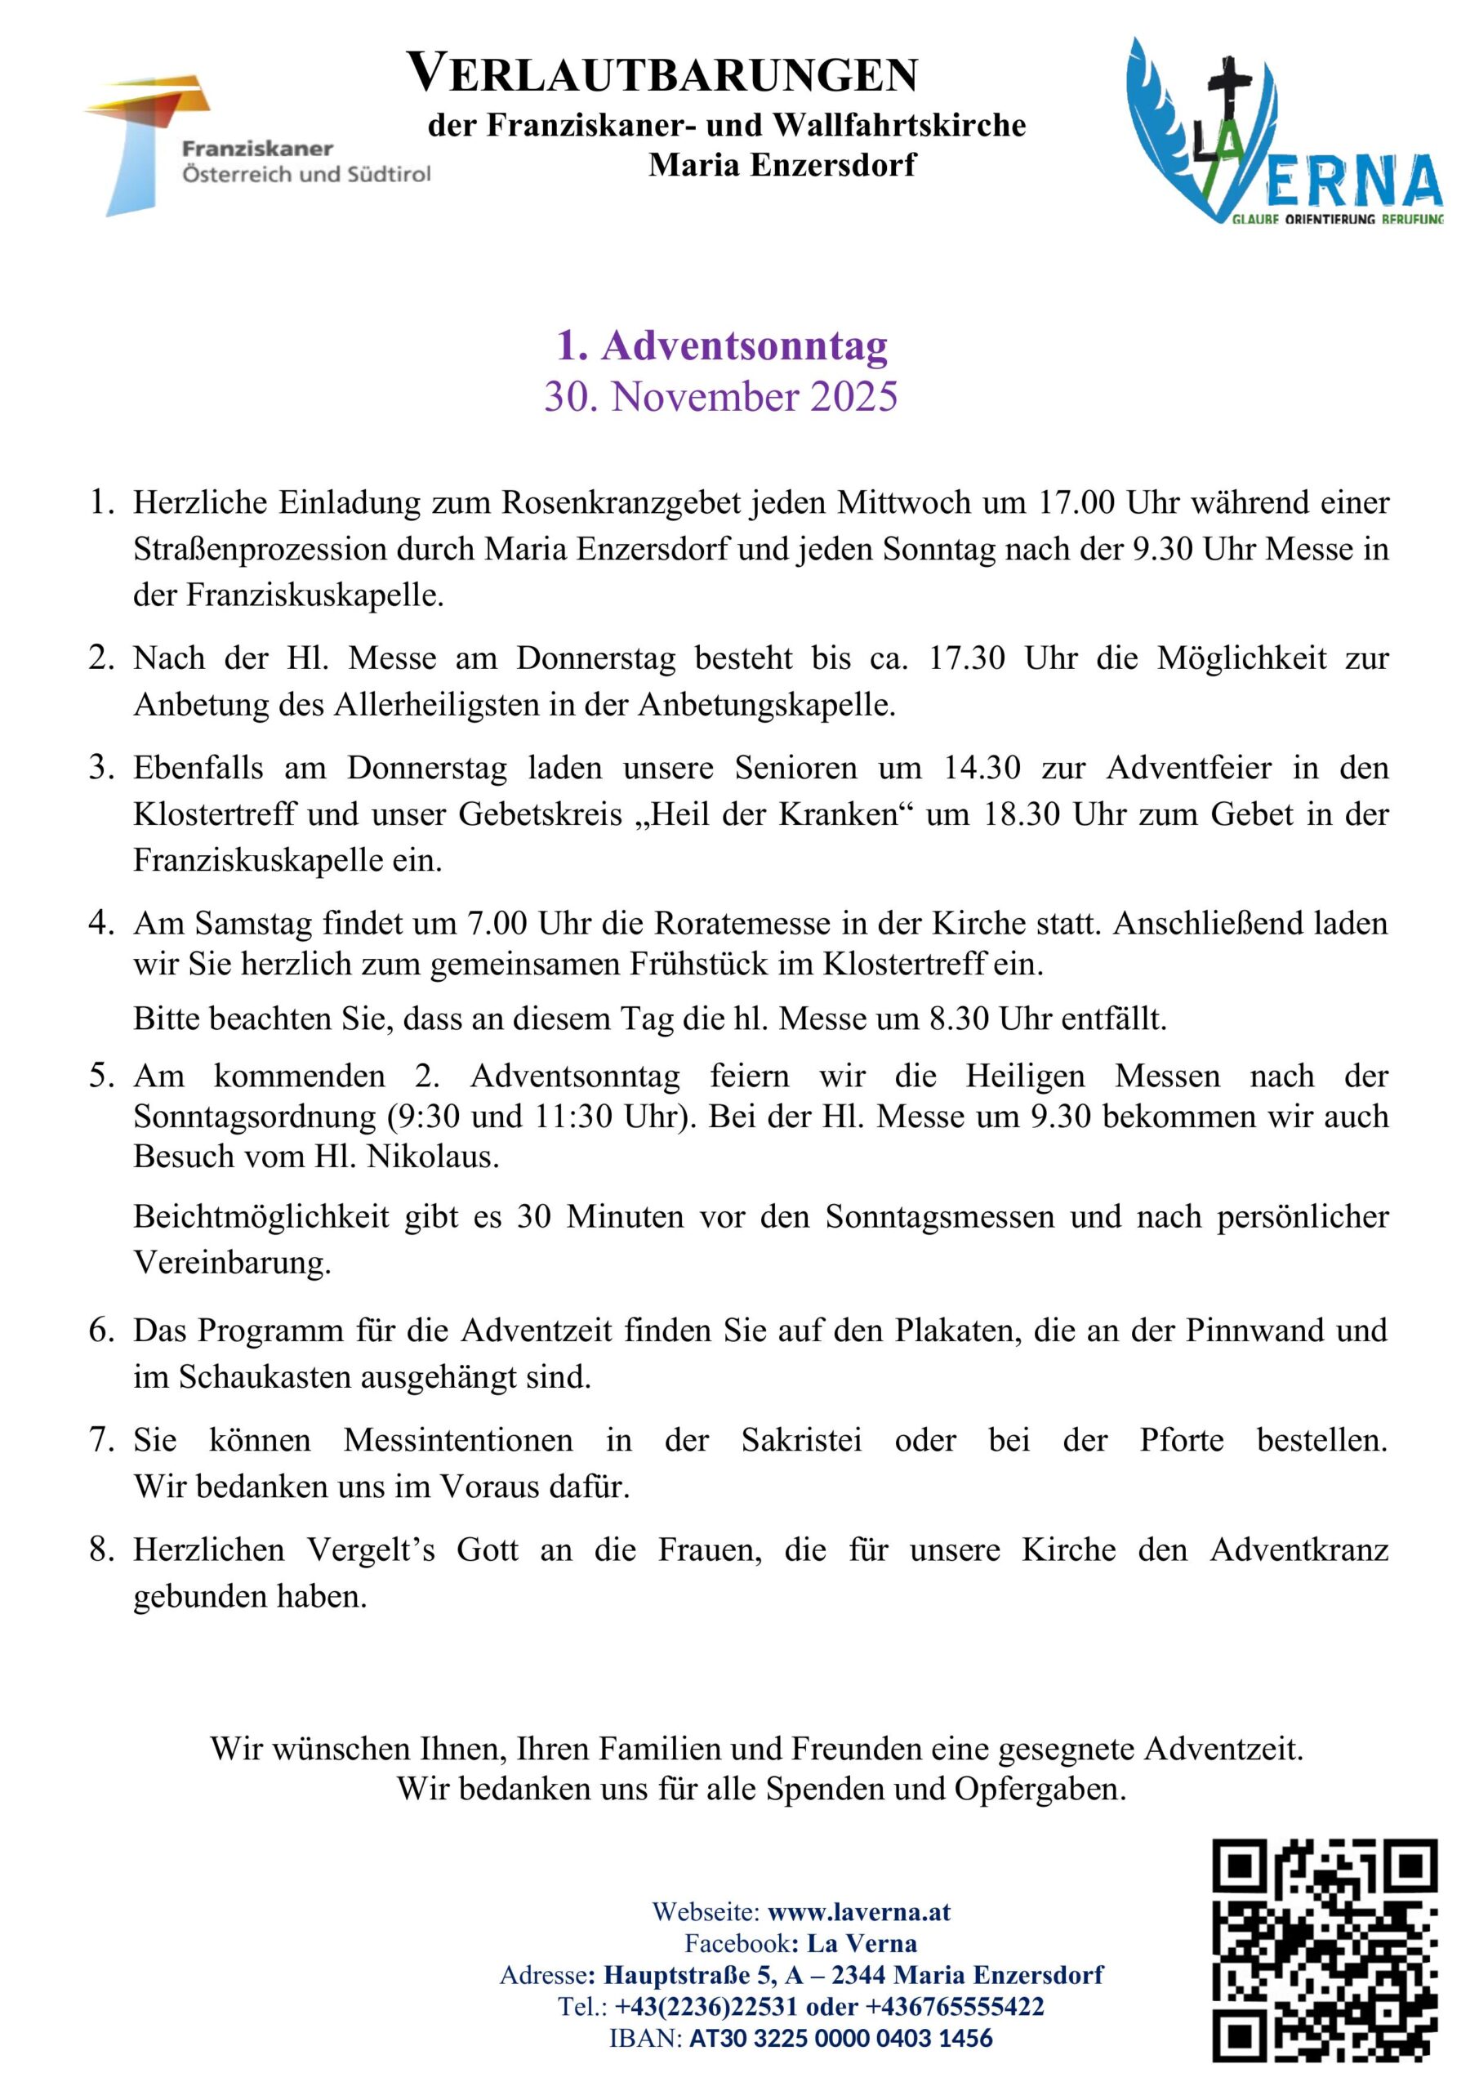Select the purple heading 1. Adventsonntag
pos(721,346)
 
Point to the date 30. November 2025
pos(721,397)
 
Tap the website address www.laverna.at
pos(859,1911)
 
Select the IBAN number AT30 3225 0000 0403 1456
pos(840,2037)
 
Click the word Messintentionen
pos(458,1440)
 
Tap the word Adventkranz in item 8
pos(1299,1549)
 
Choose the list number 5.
pos(100,1077)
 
